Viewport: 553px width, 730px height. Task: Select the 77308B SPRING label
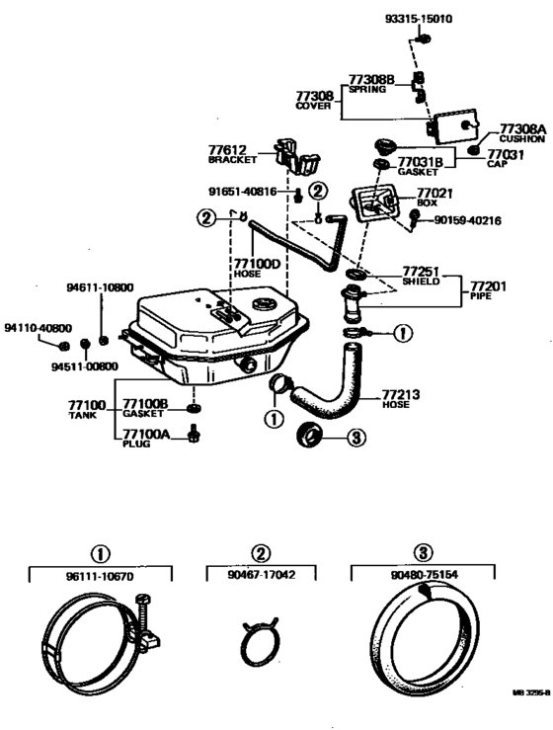point(371,81)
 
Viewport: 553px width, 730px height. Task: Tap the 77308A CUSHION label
point(521,133)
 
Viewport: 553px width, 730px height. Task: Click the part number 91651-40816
point(249,191)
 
